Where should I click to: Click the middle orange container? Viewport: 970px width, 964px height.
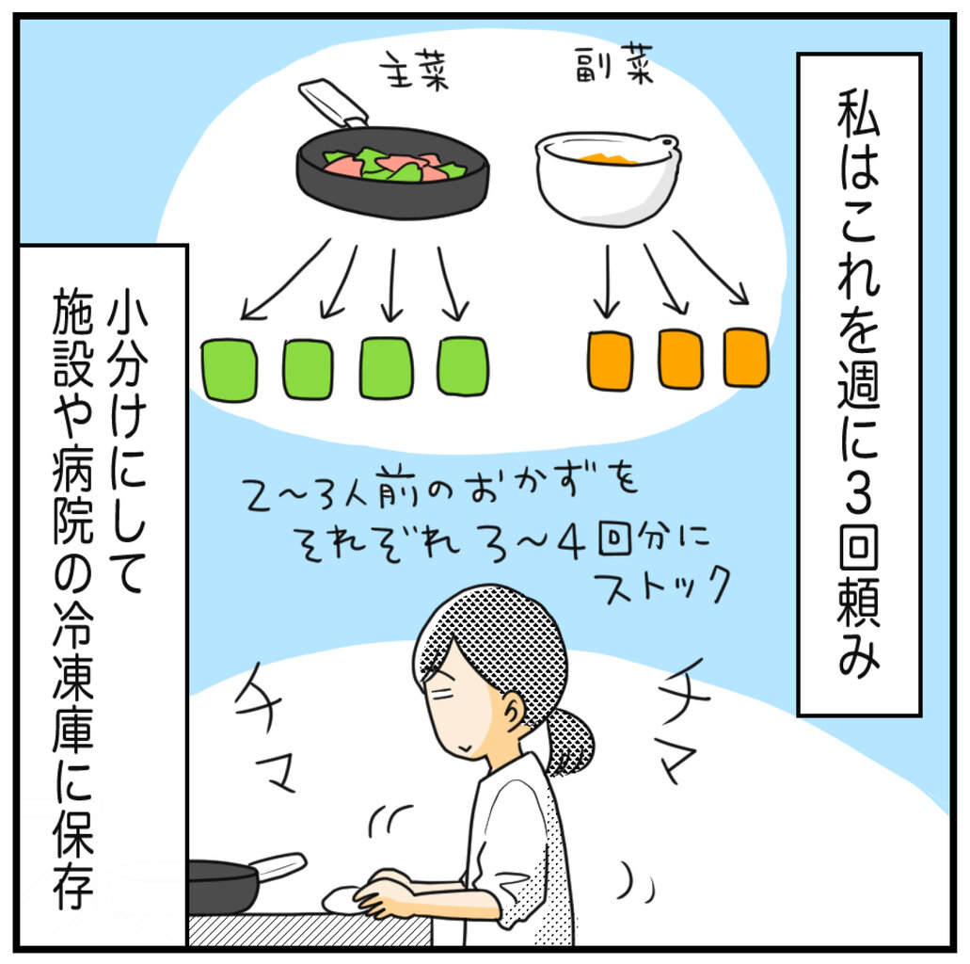pos(680,359)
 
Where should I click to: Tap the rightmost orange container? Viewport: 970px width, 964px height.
pos(746,358)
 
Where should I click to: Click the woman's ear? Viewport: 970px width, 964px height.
pos(513,713)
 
